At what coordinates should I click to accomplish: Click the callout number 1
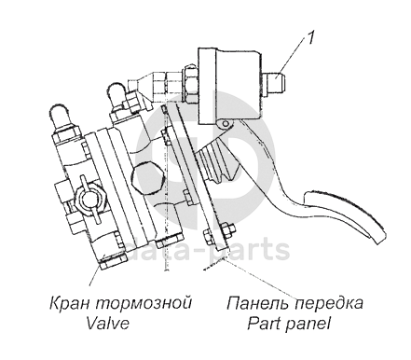[x=311, y=38]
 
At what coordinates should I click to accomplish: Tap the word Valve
[x=108, y=323]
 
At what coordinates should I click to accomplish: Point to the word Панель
[x=258, y=303]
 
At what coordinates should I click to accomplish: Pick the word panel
[x=308, y=325]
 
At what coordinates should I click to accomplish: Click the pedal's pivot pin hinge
[x=226, y=124]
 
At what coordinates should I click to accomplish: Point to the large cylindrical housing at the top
[x=229, y=86]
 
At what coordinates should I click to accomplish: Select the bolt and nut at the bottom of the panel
[x=218, y=235]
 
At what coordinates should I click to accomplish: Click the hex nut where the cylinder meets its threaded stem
[x=189, y=81]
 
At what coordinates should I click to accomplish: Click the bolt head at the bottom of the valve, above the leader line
[x=113, y=262]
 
